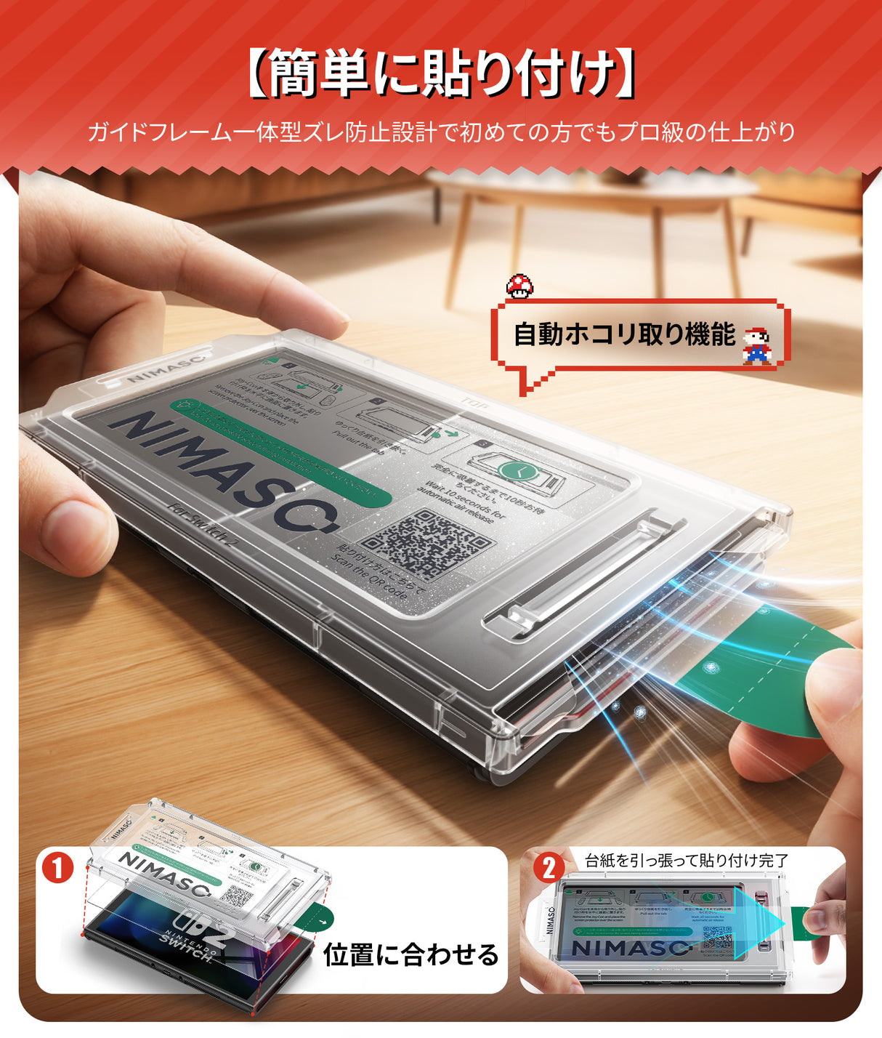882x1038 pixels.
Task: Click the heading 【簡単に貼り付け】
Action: coord(440,73)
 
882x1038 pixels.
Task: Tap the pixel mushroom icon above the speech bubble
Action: coord(519,286)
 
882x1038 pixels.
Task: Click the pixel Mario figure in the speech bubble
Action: coord(756,346)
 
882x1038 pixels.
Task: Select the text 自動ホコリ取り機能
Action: coord(624,334)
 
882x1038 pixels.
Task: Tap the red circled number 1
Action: coord(58,868)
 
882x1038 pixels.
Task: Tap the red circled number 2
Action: coord(549,867)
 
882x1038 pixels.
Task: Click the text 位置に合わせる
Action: coord(411,954)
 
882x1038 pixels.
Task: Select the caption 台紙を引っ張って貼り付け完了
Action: coord(687,861)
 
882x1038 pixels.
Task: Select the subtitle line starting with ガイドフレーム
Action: coord(440,132)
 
